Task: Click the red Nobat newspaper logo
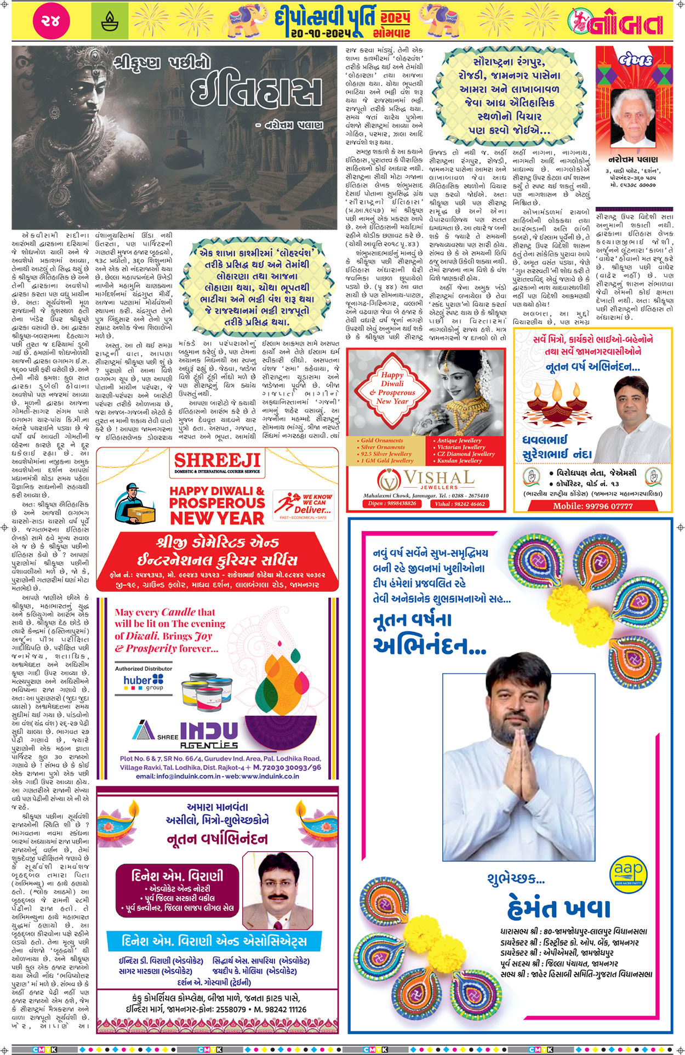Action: pos(615,22)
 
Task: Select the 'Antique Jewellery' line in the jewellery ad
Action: pos(459,441)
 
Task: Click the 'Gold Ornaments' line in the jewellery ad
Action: pos(381,441)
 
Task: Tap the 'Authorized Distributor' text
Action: pos(144,669)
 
